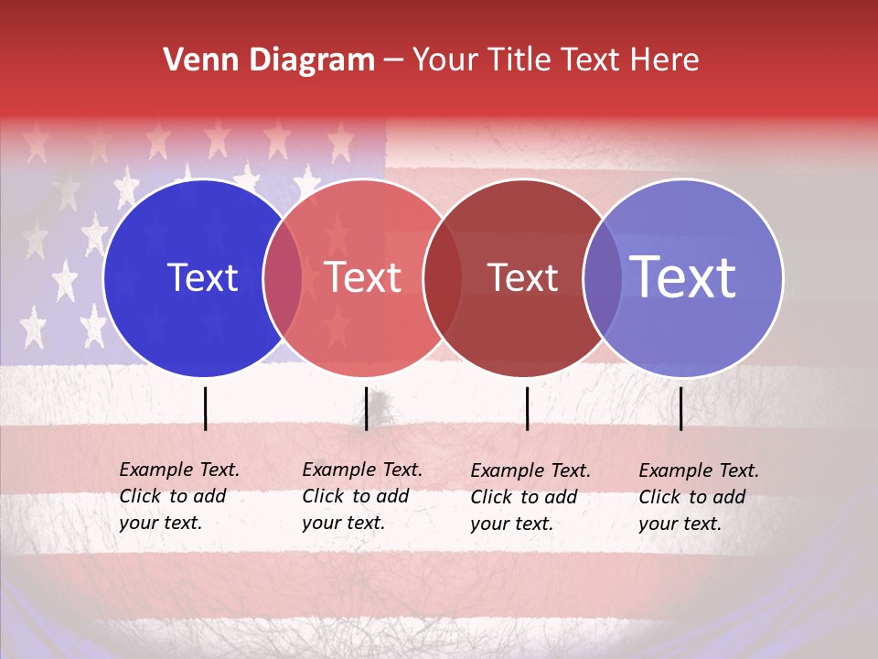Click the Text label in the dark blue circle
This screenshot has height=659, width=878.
pyautogui.click(x=202, y=277)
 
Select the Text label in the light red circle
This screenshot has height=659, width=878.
pyautogui.click(x=362, y=277)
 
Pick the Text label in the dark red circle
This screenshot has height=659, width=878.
pyautogui.click(x=522, y=278)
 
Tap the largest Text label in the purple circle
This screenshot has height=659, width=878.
pyautogui.click(x=683, y=277)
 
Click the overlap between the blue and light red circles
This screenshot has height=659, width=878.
pyautogui.click(x=283, y=278)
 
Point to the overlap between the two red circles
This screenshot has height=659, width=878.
pyautogui.click(x=443, y=278)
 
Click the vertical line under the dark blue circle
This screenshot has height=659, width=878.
pyautogui.click(x=205, y=408)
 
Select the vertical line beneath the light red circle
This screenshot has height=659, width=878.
pyautogui.click(x=366, y=408)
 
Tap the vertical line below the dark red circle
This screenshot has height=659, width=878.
pyautogui.click(x=527, y=408)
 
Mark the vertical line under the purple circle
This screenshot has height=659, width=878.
pyautogui.click(x=680, y=408)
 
